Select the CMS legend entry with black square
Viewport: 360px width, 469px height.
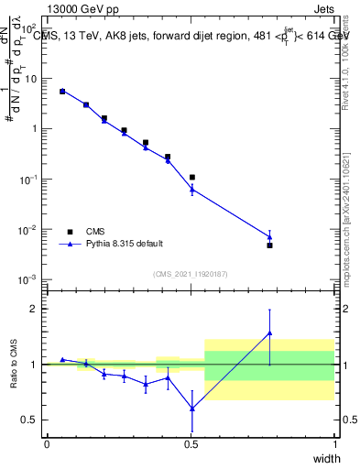[96, 232]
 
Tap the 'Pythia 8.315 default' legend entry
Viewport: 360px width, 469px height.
[125, 244]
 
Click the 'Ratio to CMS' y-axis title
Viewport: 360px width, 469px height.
[14, 364]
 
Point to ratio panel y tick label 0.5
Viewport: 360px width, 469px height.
[29, 420]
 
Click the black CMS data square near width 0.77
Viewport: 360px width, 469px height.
[269, 245]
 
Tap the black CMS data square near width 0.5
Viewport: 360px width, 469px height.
[191, 177]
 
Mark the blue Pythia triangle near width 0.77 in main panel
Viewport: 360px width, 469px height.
[269, 237]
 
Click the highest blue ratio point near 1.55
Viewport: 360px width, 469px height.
[269, 333]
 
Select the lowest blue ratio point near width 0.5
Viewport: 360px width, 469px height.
[191, 409]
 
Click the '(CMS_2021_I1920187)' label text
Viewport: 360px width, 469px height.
[190, 273]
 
